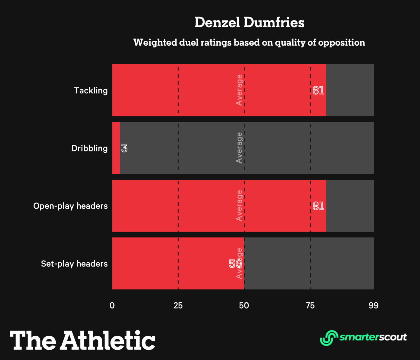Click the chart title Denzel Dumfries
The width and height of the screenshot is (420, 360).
point(249,22)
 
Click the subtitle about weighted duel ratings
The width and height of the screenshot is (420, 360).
point(249,42)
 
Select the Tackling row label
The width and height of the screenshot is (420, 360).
point(91,90)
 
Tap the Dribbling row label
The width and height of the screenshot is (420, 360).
point(89,148)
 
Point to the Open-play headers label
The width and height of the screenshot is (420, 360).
point(70,206)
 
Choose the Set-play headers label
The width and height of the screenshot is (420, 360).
point(74,264)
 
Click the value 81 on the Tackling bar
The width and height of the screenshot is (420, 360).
point(318,90)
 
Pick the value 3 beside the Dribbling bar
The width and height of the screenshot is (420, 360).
point(124,148)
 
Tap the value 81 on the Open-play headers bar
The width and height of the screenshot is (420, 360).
point(318,206)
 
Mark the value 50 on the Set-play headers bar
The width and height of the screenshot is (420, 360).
point(235,264)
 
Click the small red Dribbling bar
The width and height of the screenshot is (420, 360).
point(116,148)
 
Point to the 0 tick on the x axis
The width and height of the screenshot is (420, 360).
point(112,305)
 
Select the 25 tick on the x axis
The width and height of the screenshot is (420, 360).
point(178,305)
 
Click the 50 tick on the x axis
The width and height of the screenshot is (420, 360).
point(244,305)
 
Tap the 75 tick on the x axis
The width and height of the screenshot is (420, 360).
point(310,305)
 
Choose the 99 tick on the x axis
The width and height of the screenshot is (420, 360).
point(373,305)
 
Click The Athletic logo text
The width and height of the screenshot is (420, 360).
point(82,340)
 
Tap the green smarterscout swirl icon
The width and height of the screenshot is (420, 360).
point(329,338)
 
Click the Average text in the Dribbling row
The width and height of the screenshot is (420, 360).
point(239,148)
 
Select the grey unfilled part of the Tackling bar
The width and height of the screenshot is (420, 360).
point(350,90)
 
